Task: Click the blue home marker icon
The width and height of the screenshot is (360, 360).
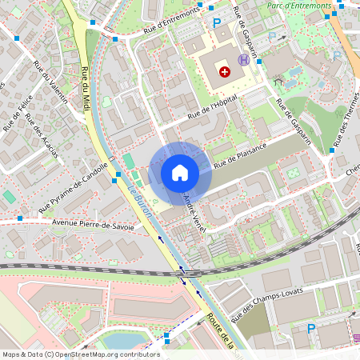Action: pyautogui.click(x=180, y=172)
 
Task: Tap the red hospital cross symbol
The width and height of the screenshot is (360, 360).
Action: pyautogui.click(x=225, y=72)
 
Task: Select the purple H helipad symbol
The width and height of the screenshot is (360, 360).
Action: pyautogui.click(x=243, y=60)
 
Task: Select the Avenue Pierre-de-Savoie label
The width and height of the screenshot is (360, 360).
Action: pyautogui.click(x=93, y=226)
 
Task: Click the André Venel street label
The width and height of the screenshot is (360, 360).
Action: pyautogui.click(x=195, y=206)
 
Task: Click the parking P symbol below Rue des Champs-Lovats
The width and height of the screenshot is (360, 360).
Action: pyautogui.click(x=311, y=328)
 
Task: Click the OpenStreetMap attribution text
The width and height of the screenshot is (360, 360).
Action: pyautogui.click(x=81, y=354)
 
